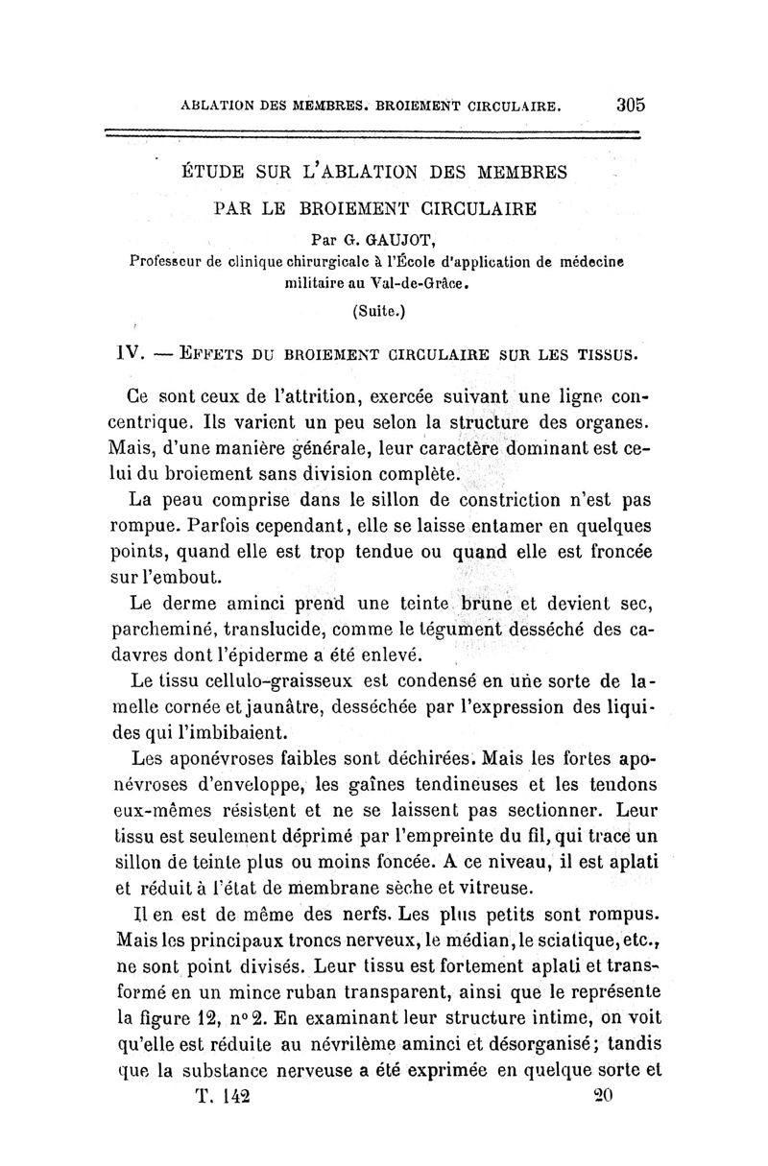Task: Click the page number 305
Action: coord(624,105)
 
